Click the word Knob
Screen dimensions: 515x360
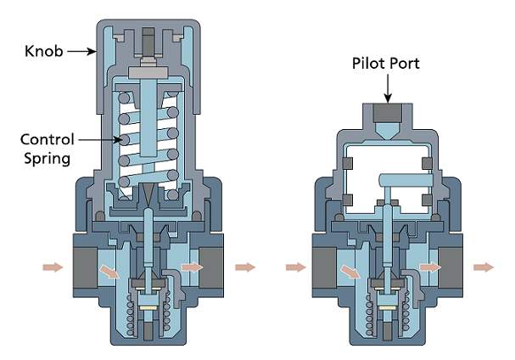43,51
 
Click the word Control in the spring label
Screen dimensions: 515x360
48,139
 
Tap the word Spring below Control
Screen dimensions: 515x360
48,159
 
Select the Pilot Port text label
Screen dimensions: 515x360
385,63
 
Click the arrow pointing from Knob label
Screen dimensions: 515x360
81,51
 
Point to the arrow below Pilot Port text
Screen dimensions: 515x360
388,88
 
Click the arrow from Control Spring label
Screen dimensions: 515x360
100,140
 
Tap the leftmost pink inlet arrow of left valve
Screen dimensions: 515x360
53,267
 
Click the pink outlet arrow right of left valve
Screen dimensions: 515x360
245,267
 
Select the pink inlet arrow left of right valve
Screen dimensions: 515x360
295,267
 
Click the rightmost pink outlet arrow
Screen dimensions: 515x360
484,267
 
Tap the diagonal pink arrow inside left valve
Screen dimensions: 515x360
110,272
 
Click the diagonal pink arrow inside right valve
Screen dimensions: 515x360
350,272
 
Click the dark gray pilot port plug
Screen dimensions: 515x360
388,113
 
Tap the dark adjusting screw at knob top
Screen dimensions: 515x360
148,42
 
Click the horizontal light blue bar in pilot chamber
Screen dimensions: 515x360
406,180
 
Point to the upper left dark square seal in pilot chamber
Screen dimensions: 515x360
347,163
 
